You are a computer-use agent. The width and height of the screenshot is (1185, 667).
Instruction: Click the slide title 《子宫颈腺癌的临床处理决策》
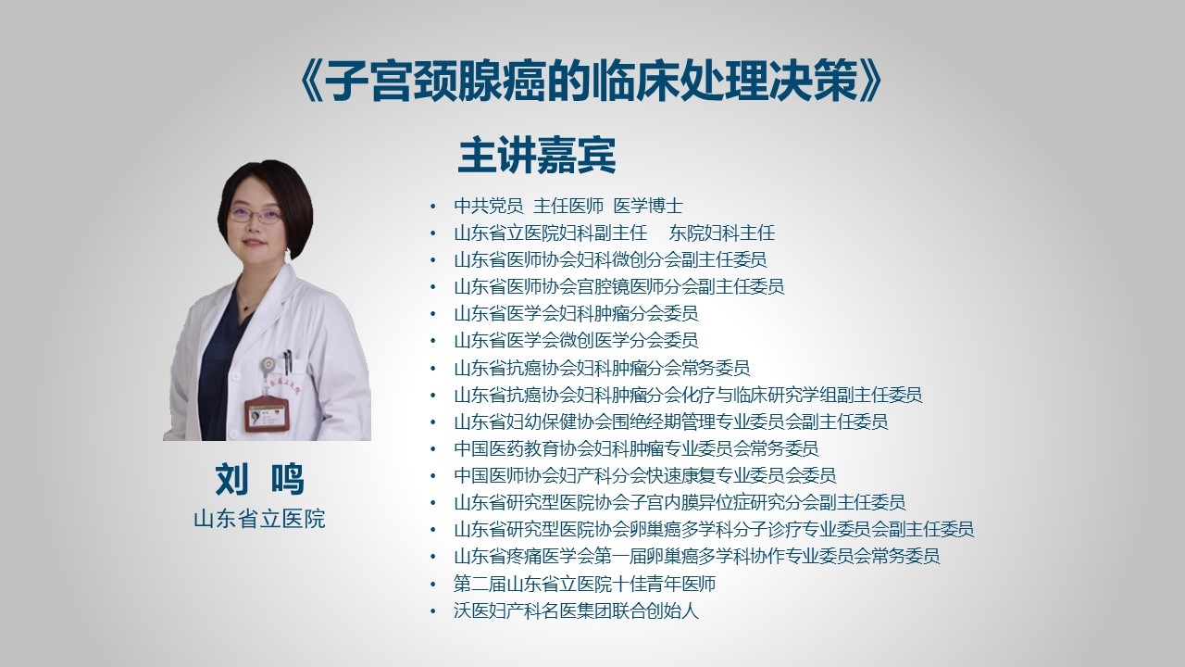(x=590, y=82)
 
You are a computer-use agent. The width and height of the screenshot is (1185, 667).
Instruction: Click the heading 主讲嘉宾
(x=537, y=156)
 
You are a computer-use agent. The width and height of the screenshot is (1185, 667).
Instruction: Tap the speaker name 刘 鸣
(x=259, y=479)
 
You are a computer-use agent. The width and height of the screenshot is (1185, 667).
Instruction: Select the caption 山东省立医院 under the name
(x=259, y=519)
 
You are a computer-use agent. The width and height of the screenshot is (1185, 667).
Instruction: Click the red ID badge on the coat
(x=266, y=414)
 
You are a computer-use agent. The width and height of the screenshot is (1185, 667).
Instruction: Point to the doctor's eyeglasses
(x=256, y=215)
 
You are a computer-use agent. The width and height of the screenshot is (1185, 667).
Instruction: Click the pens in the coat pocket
(x=287, y=361)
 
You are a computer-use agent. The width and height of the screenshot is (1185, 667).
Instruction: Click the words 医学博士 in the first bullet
(x=648, y=206)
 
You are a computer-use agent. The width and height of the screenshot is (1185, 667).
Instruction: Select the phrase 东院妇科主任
(x=721, y=233)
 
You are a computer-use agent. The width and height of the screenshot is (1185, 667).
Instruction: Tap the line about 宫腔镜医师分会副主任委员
(x=619, y=286)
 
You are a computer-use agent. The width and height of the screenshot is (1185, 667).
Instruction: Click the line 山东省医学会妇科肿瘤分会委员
(x=576, y=313)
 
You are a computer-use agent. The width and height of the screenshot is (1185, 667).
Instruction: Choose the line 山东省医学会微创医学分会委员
(x=576, y=340)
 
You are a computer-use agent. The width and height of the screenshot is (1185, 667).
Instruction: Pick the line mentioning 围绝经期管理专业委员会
(x=671, y=422)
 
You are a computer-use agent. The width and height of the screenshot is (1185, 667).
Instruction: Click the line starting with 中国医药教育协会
(x=636, y=448)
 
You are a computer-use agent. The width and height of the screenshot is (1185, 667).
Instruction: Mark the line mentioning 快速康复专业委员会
(x=645, y=475)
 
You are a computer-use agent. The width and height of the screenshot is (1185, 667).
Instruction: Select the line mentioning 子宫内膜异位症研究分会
(x=680, y=502)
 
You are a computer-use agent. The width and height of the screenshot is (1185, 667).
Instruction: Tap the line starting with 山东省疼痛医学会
(x=697, y=556)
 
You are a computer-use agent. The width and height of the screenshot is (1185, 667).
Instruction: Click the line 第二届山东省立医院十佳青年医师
(x=584, y=584)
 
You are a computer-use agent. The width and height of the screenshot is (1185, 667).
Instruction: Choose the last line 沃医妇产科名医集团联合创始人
(x=576, y=610)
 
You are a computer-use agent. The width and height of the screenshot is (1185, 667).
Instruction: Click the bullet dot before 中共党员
(x=433, y=206)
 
